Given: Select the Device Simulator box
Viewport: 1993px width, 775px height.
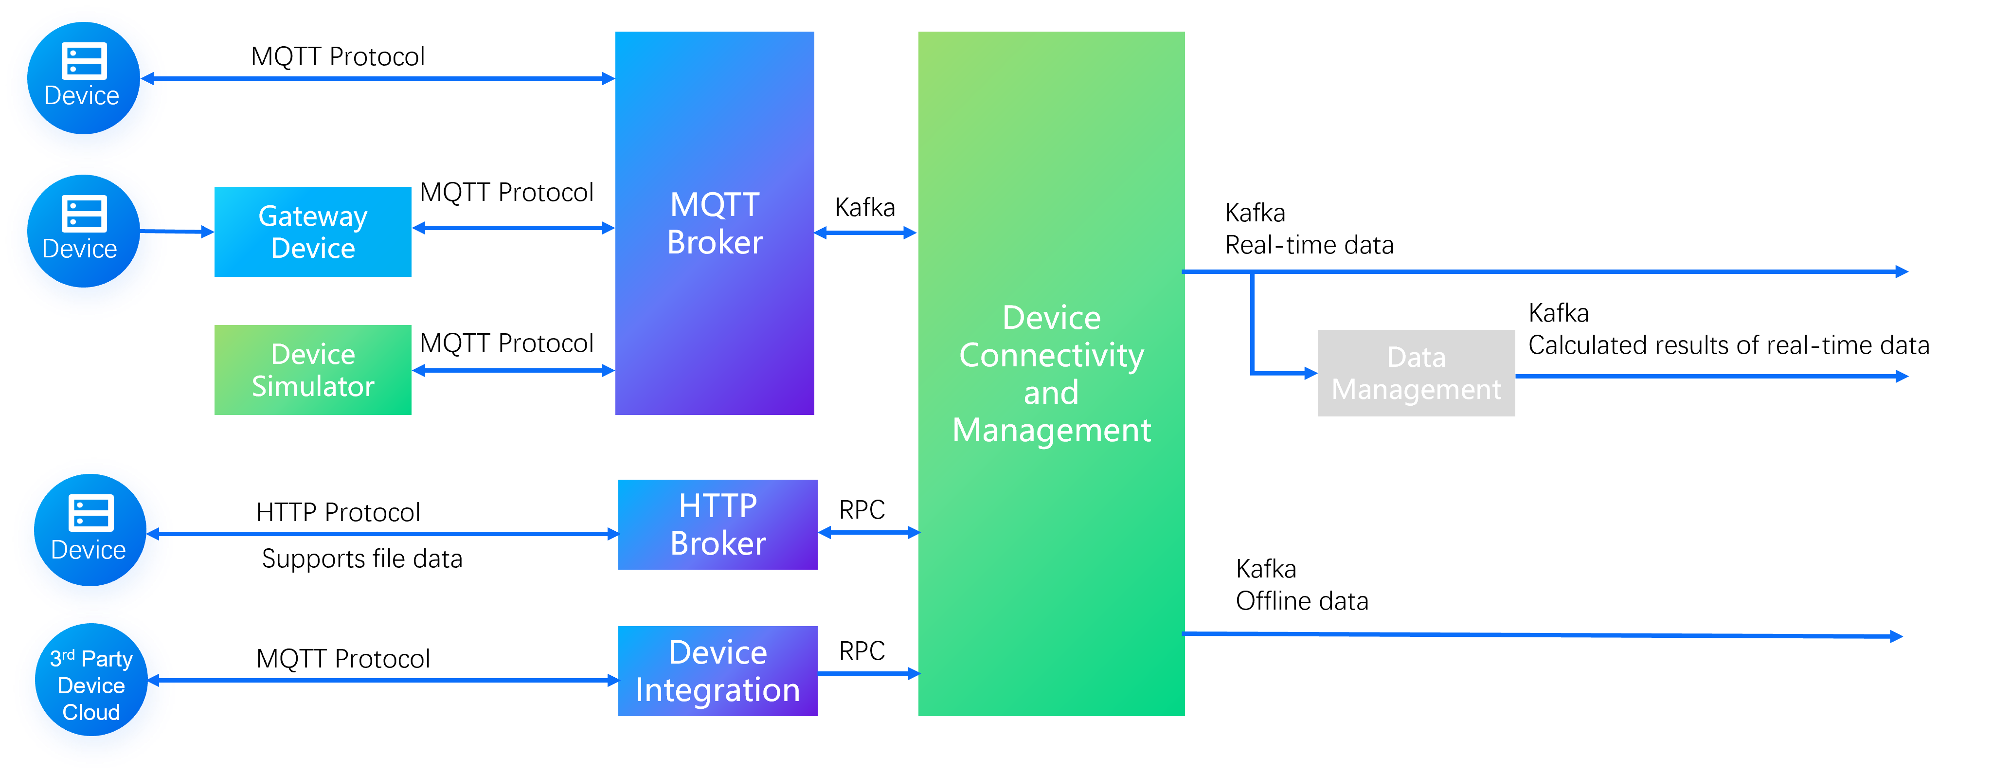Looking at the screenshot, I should pos(313,370).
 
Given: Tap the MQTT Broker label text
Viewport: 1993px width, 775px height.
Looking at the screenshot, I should pos(715,223).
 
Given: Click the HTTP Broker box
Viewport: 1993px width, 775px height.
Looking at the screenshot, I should pos(717,524).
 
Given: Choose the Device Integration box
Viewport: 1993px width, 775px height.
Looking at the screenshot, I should pos(717,670).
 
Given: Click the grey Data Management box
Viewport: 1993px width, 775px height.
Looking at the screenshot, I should pos(1416,373).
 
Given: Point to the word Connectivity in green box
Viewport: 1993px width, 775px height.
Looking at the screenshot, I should pos(1051,356).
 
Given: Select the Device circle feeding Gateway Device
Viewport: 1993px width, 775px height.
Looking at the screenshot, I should pos(85,238).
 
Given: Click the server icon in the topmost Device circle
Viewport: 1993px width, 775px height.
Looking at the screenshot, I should pos(84,61).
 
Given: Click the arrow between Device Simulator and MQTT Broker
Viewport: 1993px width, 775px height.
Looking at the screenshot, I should pos(513,371).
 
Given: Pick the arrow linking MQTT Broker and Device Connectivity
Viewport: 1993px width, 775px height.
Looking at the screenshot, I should pos(866,232).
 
